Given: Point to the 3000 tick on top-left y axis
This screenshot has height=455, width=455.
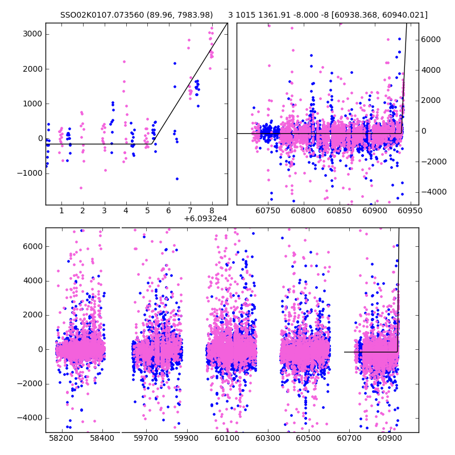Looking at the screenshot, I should [x=31, y=34].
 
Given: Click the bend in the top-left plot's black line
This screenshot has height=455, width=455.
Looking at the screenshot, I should [x=155, y=144].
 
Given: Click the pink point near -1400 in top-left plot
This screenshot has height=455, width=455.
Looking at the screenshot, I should [x=81, y=188].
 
